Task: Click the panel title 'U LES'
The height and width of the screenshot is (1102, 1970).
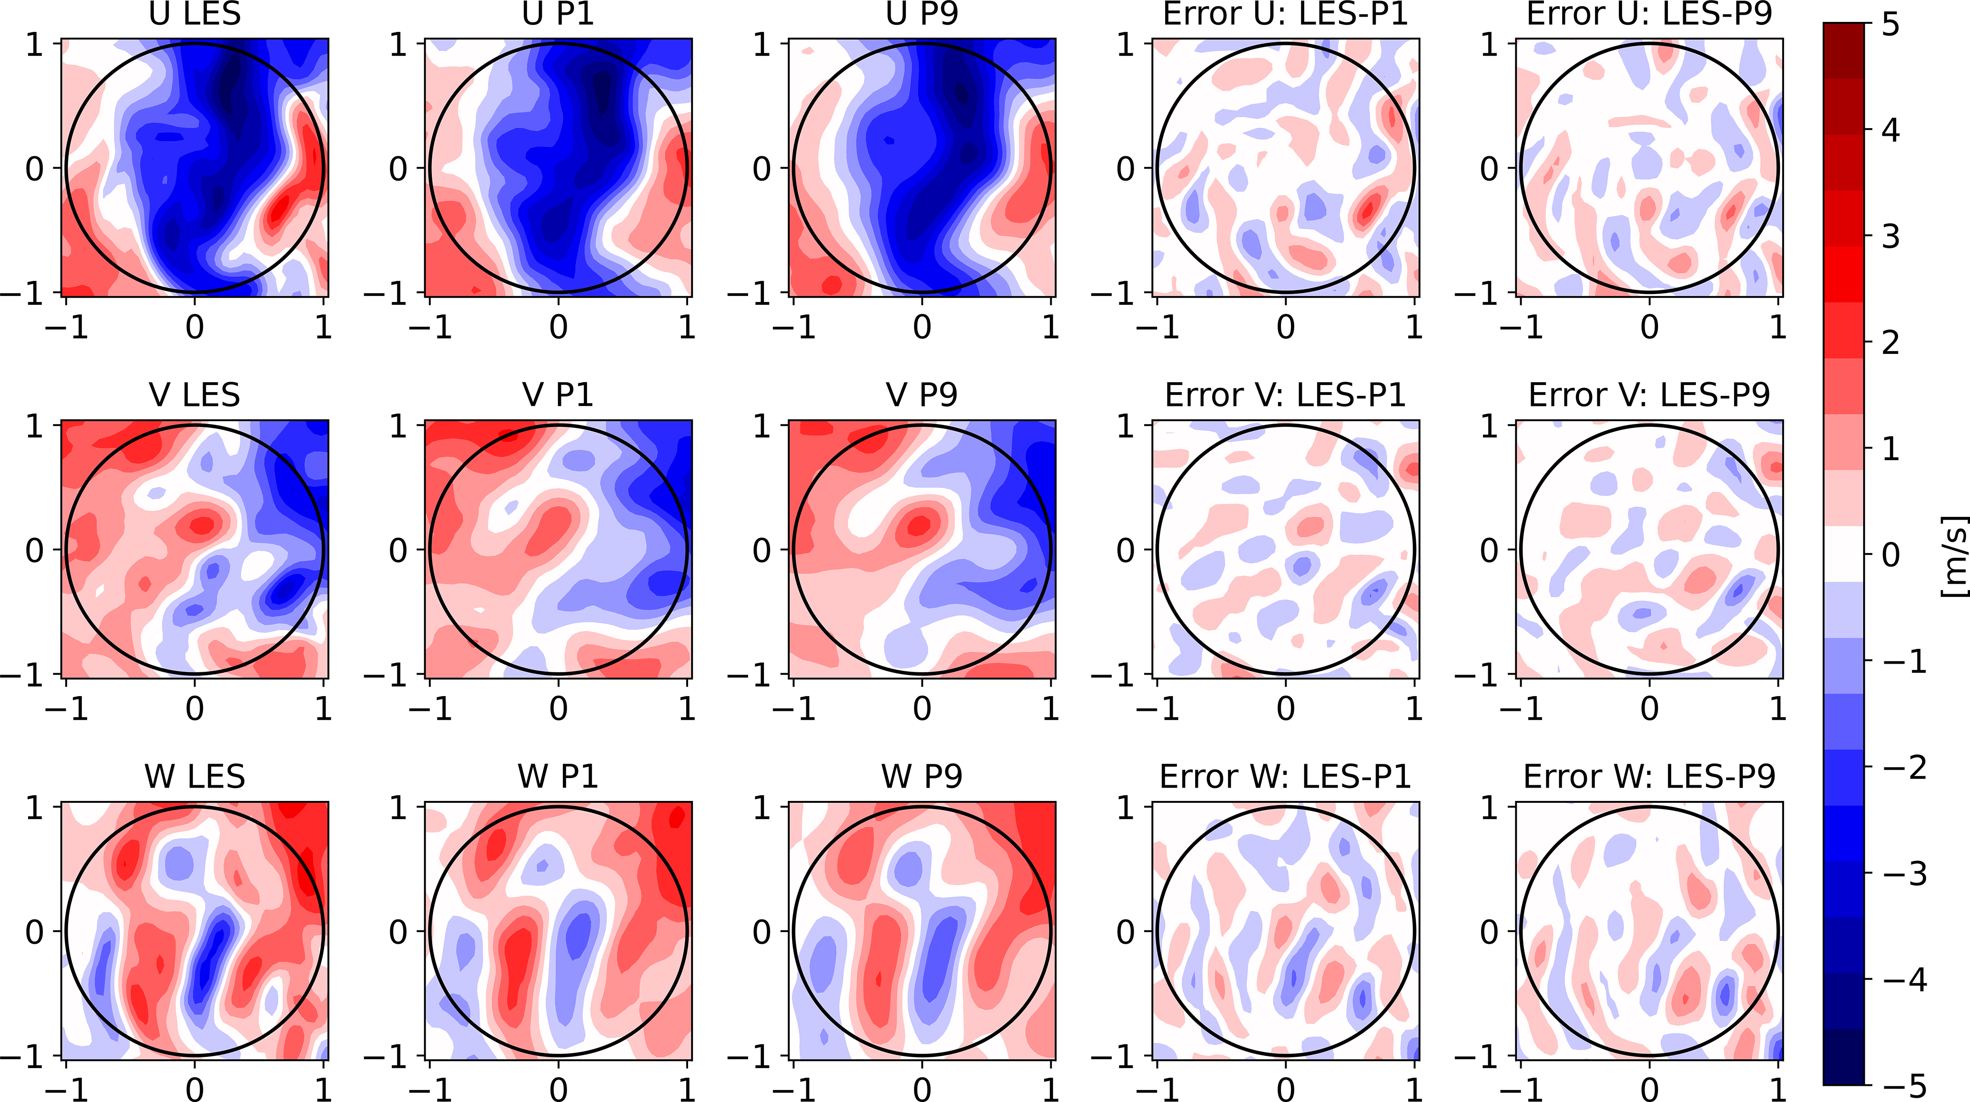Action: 194,14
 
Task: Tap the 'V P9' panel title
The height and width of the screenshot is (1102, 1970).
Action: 922,394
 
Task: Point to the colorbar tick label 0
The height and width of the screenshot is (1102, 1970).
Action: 1890,555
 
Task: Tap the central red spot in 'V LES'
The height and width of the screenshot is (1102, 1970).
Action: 203,526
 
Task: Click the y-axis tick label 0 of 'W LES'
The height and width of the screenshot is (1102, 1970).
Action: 34,931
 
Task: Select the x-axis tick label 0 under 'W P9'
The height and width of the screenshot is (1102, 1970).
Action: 922,1089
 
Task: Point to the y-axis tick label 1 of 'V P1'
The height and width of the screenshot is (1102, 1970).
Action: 398,426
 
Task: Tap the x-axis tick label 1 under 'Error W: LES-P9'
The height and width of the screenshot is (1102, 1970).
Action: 1777,1089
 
